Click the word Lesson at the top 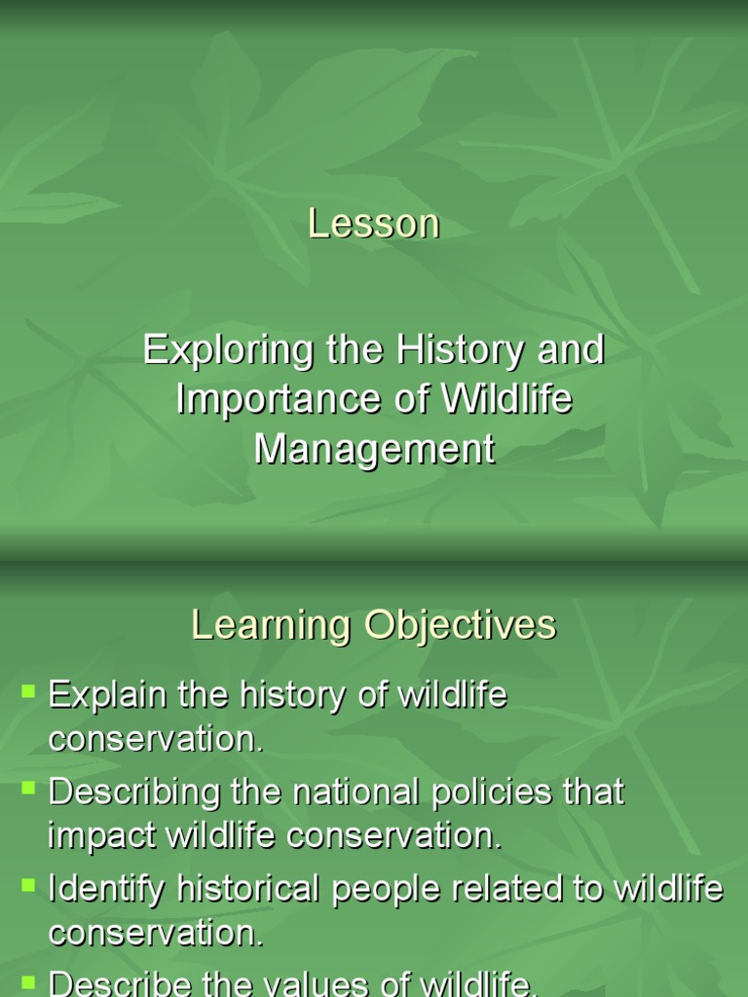coord(374,224)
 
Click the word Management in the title coord(374,450)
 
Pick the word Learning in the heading coord(272,625)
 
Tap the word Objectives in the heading coord(461,625)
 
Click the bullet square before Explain coord(28,692)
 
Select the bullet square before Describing coord(28,788)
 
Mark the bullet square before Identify coord(28,885)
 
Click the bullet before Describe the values coord(28,980)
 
